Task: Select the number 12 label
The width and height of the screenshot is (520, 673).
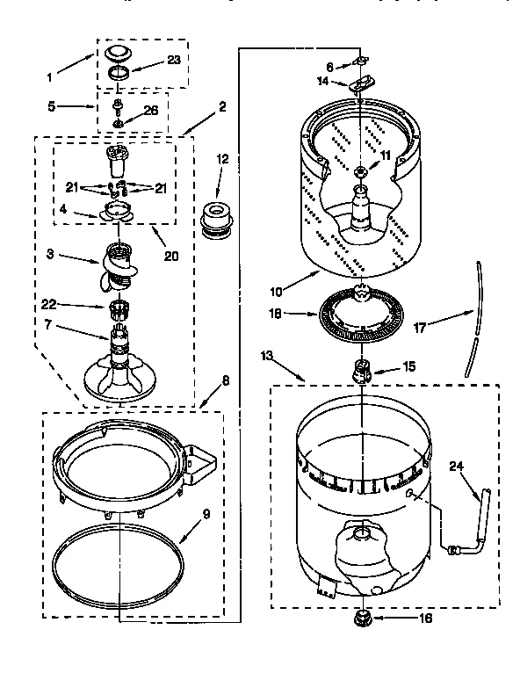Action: (222, 159)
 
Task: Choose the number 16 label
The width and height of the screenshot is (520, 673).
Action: (427, 619)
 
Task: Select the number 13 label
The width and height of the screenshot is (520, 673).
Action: (266, 355)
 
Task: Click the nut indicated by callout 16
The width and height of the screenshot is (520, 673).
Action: (361, 619)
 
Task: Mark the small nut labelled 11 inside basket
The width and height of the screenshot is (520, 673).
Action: (361, 169)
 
